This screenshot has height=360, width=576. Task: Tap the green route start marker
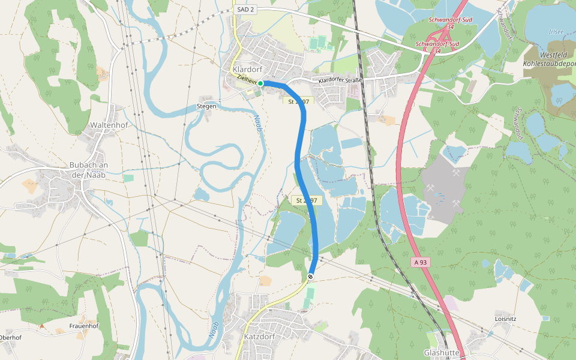tap(260, 83)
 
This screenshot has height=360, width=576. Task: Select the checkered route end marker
tap(310, 277)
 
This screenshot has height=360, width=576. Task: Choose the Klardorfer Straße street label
tap(341, 79)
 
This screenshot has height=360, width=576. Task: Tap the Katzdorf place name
tap(259, 337)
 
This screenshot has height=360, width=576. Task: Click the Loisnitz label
tap(506, 319)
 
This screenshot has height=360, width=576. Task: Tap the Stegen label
tap(206, 106)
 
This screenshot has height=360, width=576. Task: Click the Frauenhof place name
tap(84, 326)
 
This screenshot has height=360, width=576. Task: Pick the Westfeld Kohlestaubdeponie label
tap(548, 59)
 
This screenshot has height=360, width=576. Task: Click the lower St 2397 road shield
tap(307, 200)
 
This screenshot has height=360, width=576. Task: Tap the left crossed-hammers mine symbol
tap(432, 187)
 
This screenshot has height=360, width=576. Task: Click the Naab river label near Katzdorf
tap(214, 331)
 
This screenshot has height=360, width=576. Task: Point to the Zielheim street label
tap(247, 79)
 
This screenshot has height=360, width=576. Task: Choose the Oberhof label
tap(10, 337)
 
